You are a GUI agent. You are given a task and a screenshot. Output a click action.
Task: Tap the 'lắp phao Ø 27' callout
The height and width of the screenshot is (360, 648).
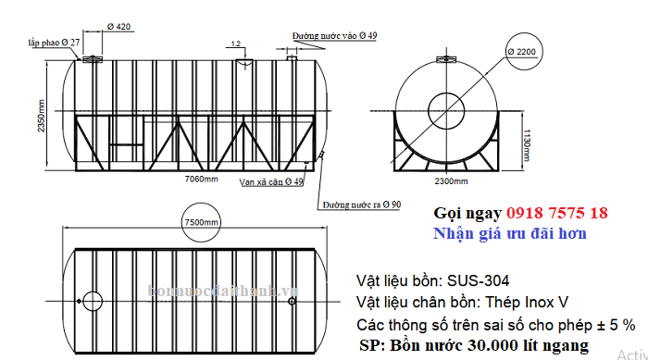[x=54, y=43]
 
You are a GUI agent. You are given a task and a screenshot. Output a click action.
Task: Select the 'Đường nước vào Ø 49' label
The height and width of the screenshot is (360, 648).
[x=335, y=35]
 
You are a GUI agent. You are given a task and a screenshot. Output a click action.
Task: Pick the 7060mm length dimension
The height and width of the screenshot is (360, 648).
[x=202, y=177]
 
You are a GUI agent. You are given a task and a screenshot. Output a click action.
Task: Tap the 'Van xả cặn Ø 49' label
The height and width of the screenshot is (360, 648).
[x=271, y=181]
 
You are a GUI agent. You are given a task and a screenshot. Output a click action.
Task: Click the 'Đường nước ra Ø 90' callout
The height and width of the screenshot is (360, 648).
[x=362, y=205]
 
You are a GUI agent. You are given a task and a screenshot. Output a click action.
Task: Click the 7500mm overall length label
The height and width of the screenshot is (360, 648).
[x=201, y=223]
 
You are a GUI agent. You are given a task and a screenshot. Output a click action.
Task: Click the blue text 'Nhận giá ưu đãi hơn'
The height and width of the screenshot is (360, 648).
[x=509, y=233]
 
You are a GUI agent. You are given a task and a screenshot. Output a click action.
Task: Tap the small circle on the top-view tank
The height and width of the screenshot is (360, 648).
[x=93, y=301]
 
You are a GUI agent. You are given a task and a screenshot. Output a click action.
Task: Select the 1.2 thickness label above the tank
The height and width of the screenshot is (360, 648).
[x=236, y=43]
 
